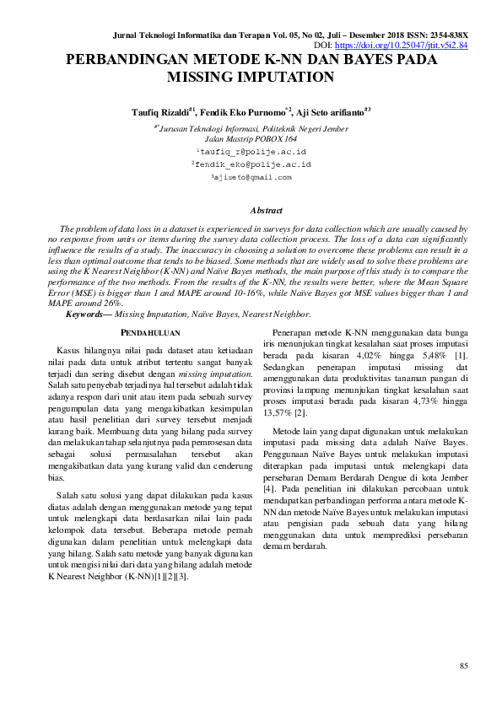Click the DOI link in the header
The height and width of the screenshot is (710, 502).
pyautogui.click(x=402, y=45)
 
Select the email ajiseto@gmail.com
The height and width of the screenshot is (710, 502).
pyautogui.click(x=252, y=177)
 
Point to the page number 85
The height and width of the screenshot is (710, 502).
pyautogui.click(x=463, y=666)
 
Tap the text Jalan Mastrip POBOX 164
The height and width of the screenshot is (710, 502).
pyautogui.click(x=251, y=137)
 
